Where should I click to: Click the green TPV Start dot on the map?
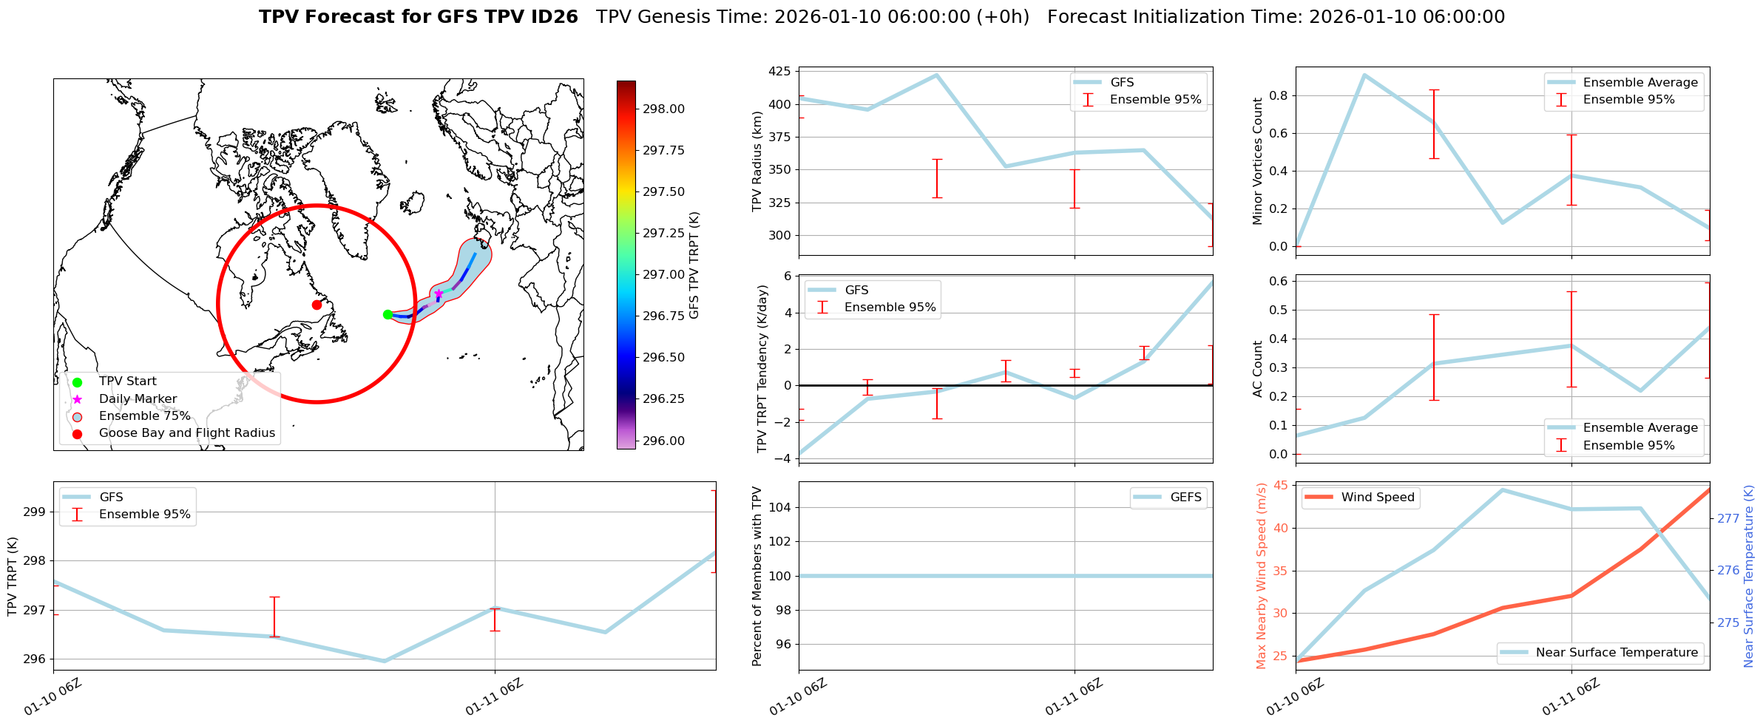click(x=388, y=314)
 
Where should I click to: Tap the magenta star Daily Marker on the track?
click(x=439, y=294)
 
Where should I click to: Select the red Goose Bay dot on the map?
click(x=317, y=305)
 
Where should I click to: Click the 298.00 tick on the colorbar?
click(x=663, y=109)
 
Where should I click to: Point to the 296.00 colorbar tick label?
click(x=663, y=441)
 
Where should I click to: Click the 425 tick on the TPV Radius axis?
click(x=779, y=72)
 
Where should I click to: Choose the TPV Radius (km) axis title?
click(x=757, y=161)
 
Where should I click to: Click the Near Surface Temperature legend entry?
click(x=1617, y=653)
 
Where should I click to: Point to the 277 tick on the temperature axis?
click(x=1728, y=518)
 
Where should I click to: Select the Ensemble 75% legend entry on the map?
click(x=144, y=416)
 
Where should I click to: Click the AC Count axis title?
click(x=1258, y=369)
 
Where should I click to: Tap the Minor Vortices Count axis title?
click(x=1258, y=161)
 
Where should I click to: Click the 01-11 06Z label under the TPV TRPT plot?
click(x=494, y=697)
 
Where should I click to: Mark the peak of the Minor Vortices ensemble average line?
click(x=1364, y=75)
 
